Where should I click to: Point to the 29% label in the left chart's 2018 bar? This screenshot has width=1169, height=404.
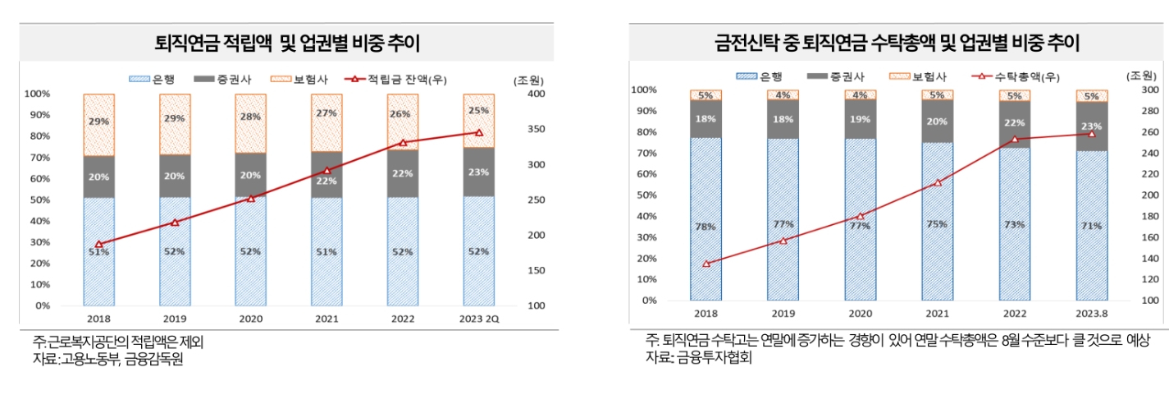(98, 121)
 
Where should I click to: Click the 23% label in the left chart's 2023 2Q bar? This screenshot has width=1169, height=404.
(479, 172)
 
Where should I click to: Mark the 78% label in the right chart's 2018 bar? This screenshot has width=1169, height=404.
(706, 227)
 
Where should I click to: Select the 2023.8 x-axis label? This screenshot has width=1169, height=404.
(1092, 314)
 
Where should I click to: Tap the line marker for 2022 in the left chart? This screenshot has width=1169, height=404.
(403, 143)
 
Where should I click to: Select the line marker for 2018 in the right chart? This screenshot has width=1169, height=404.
(706, 264)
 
